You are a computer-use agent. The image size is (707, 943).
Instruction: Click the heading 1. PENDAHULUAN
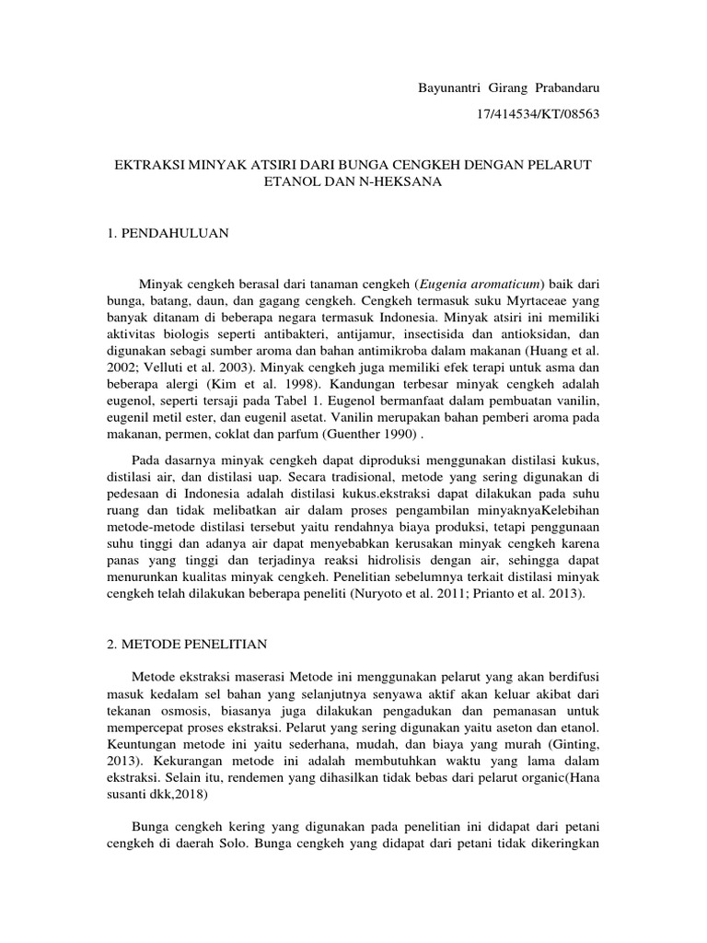point(168,234)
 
